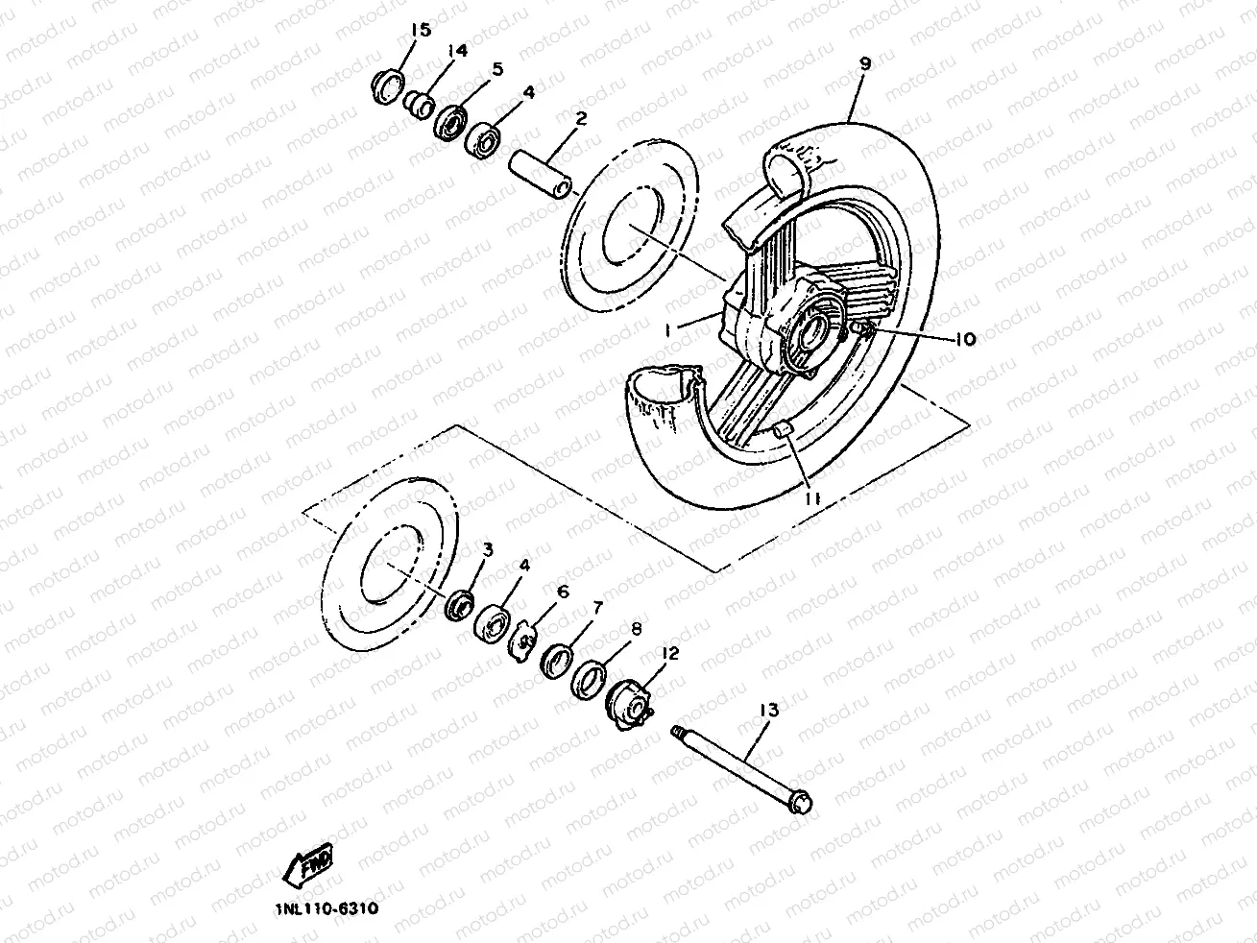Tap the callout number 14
pyautogui.click(x=456, y=51)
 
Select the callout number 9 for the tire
pyautogui.click(x=864, y=63)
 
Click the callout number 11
pyautogui.click(x=811, y=498)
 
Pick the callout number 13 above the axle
pyautogui.click(x=768, y=710)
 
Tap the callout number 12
pyautogui.click(x=669, y=653)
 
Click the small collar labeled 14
pyautogui.click(x=418, y=102)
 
